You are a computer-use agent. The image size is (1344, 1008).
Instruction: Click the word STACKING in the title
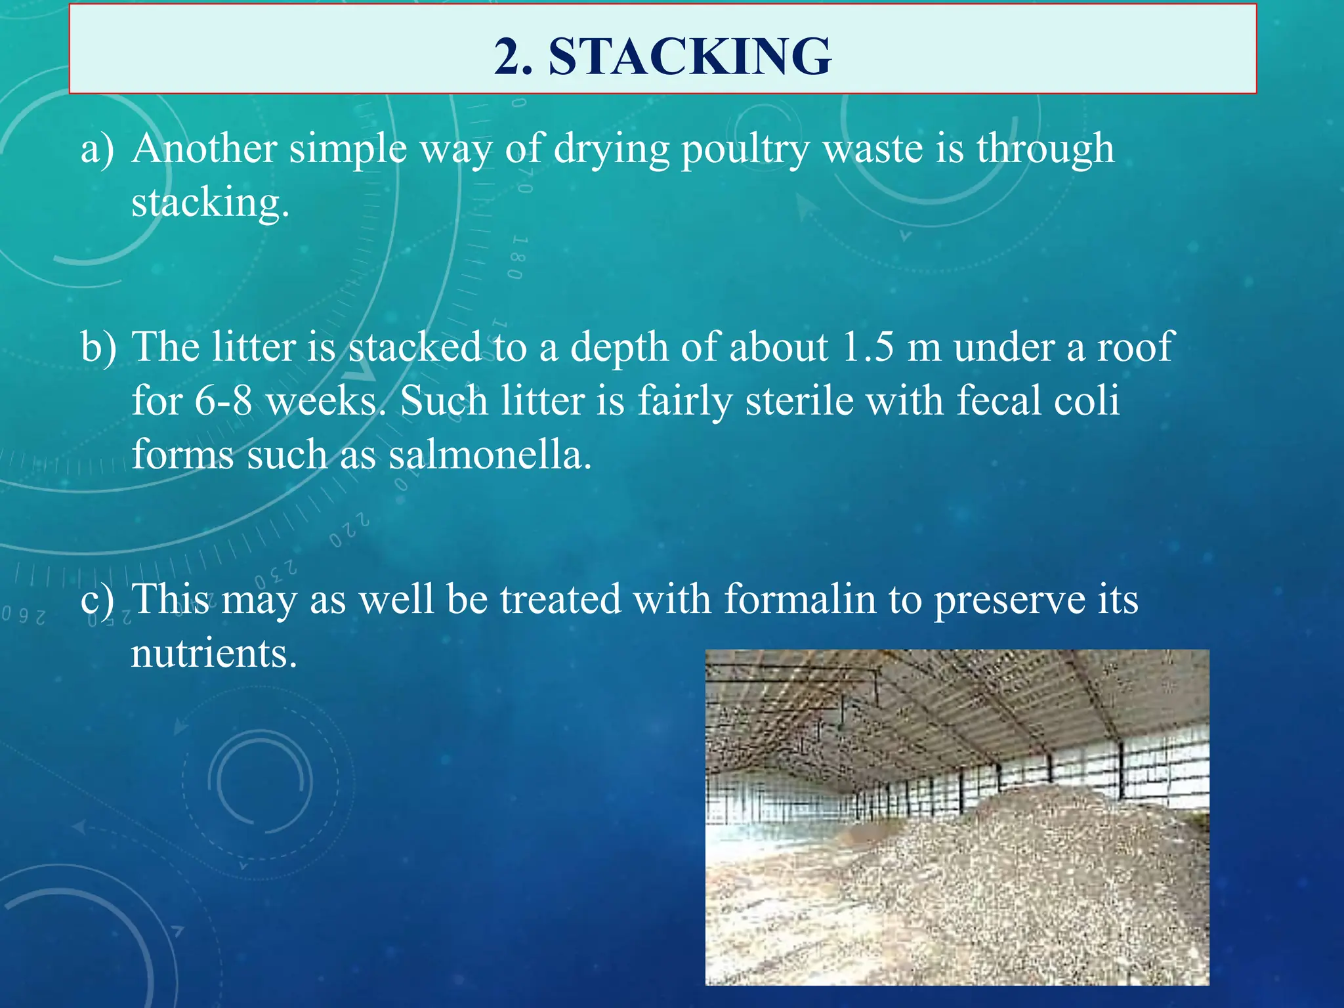pos(690,56)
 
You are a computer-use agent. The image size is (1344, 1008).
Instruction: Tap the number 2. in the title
pos(514,56)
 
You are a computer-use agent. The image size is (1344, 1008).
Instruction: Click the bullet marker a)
pos(97,149)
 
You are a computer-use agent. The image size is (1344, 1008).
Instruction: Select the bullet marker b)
pos(98,346)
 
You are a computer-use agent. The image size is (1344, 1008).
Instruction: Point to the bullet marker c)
pos(97,600)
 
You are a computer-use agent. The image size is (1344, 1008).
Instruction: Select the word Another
pos(204,148)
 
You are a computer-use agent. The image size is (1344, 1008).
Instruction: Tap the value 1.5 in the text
pos(868,346)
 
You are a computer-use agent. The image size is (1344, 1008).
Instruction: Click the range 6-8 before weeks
pos(223,400)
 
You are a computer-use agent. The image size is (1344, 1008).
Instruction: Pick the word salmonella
pos(490,454)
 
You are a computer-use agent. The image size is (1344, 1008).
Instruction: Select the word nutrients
pos(214,654)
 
